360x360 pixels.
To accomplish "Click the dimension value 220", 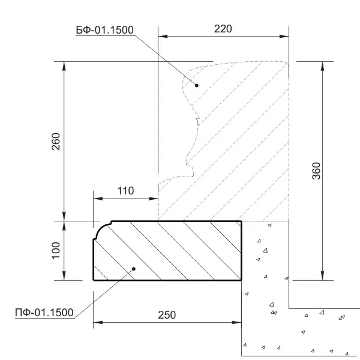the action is (x=223, y=29).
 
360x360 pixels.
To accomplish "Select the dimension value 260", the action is (x=56, y=142).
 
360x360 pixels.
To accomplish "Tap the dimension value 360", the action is (x=316, y=171).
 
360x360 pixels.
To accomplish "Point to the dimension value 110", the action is (x=125, y=191).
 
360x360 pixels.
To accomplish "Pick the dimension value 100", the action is (x=56, y=250).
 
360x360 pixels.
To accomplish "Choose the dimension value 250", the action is (x=167, y=315).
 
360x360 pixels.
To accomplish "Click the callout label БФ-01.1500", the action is (x=104, y=30).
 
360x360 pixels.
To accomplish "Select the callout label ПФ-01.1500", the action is (x=44, y=313).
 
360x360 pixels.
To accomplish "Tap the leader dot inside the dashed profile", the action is (x=197, y=85).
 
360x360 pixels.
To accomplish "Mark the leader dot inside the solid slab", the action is (x=134, y=269).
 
